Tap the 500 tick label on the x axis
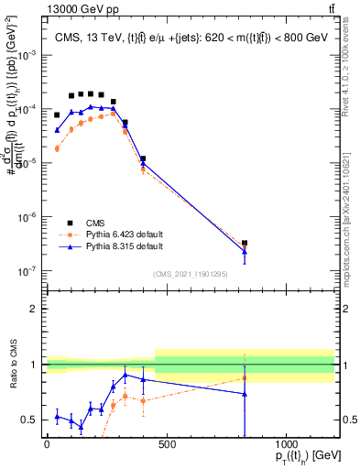(x=167, y=445)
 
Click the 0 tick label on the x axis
(x=47, y=445)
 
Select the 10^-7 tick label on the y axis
(x=27, y=271)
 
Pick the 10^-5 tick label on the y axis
(x=27, y=163)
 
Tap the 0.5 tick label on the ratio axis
(x=29, y=420)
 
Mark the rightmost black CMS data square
(x=245, y=244)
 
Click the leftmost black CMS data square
(x=57, y=115)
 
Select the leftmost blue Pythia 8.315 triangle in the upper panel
(x=57, y=130)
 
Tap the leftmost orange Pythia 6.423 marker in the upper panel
(x=57, y=148)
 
